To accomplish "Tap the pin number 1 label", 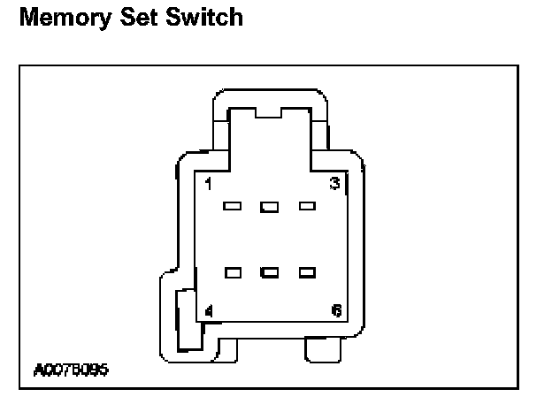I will point(207,184).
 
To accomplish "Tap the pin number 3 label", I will point(335,184).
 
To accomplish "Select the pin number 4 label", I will point(209,310).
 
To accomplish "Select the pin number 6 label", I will point(336,310).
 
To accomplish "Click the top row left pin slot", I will point(234,207).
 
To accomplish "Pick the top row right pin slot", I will point(307,207).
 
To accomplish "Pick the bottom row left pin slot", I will point(234,272).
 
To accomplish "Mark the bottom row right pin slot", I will point(307,272).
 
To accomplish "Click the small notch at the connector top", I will point(268,112).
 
